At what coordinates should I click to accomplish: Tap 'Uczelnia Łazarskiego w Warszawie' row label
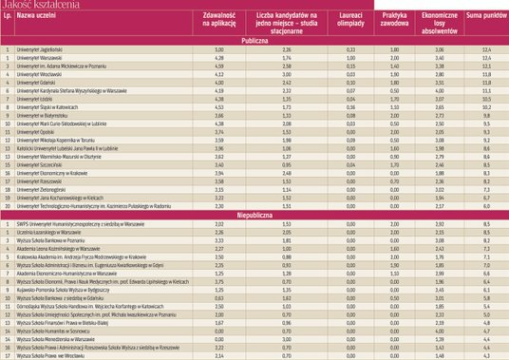click(x=52, y=233)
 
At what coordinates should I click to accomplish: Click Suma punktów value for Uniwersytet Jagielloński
click(x=485, y=48)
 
